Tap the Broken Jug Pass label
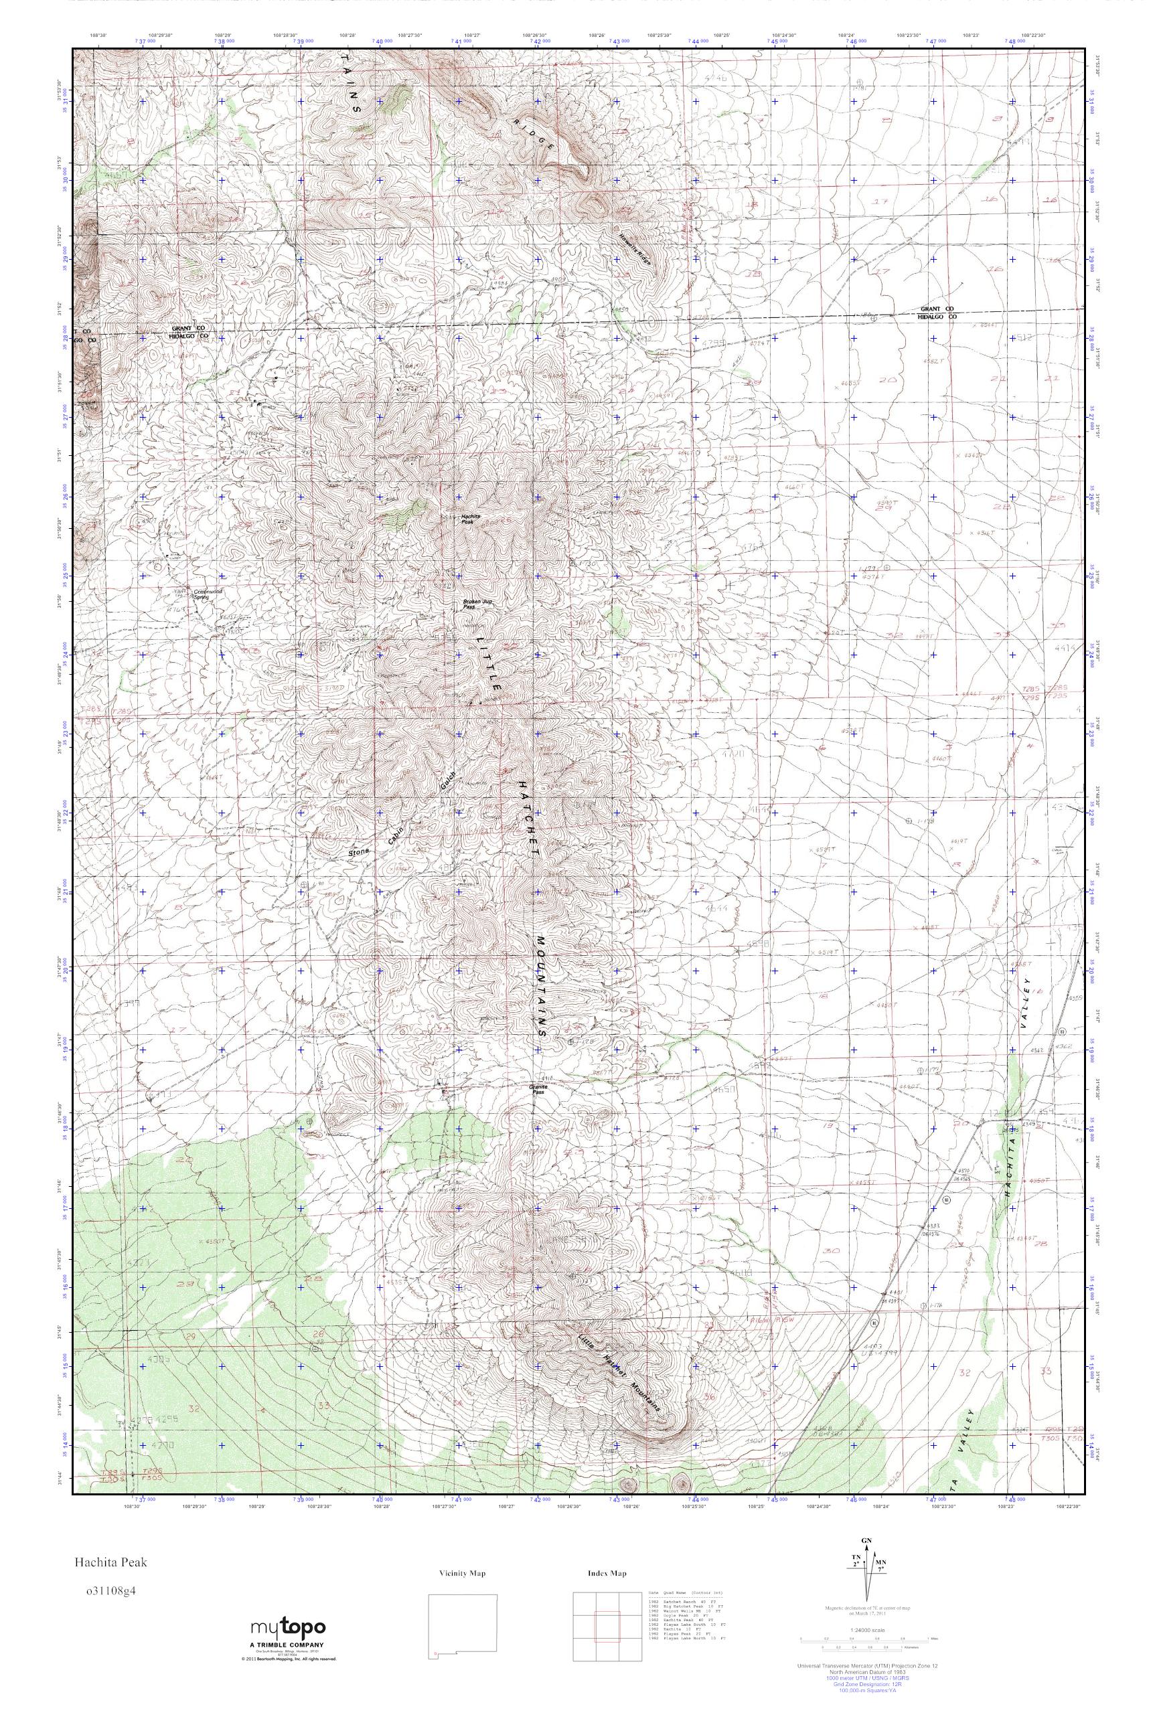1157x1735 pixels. (x=477, y=603)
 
